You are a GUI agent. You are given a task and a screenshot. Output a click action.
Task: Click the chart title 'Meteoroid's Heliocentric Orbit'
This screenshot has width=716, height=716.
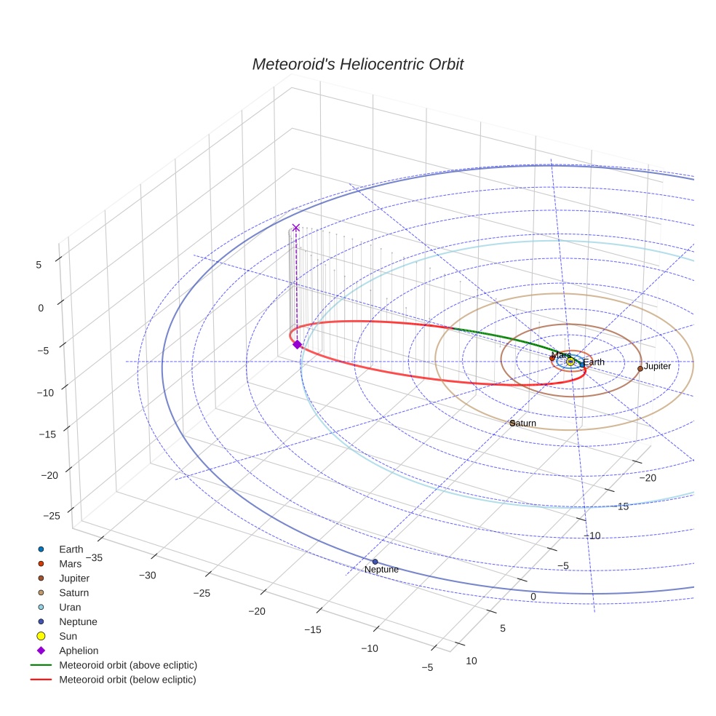(357, 65)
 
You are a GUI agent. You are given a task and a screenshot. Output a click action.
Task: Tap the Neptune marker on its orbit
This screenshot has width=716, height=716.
(375, 562)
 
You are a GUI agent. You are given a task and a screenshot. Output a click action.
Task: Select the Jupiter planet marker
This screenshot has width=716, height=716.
(640, 368)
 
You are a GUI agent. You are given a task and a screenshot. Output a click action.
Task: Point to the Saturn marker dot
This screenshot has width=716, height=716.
(512, 423)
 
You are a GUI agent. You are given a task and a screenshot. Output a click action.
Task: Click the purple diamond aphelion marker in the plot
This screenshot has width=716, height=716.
(297, 344)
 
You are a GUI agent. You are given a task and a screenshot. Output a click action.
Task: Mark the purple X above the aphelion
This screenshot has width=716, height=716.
(296, 228)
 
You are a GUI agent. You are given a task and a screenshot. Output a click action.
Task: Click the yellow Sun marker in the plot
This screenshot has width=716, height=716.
(570, 362)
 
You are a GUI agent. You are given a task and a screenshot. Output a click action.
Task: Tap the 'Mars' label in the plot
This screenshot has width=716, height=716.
(561, 355)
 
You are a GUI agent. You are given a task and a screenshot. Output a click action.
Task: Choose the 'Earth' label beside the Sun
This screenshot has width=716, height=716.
(593, 362)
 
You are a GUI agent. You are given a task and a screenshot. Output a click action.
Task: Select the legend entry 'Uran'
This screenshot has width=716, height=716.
(70, 607)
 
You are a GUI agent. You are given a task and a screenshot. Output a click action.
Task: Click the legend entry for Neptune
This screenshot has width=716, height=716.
(78, 621)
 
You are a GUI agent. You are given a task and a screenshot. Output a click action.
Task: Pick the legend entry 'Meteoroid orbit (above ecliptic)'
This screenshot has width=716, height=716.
(128, 665)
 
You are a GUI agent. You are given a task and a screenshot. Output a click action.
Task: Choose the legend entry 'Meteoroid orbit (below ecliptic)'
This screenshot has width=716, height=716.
(127, 680)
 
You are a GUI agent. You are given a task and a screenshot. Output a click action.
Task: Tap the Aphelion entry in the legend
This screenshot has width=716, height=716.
(79, 651)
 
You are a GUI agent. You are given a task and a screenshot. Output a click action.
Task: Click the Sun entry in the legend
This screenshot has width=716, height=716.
(68, 636)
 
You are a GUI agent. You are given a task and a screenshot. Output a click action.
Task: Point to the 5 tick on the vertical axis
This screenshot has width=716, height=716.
(39, 265)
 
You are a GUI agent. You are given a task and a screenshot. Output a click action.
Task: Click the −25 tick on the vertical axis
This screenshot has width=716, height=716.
(52, 516)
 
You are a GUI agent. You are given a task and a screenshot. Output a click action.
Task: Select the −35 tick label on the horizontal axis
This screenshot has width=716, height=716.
(93, 558)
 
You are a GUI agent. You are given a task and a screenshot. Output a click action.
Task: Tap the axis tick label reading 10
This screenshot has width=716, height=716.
(472, 661)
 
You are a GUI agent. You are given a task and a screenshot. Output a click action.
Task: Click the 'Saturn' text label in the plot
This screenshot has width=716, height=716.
(524, 423)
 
